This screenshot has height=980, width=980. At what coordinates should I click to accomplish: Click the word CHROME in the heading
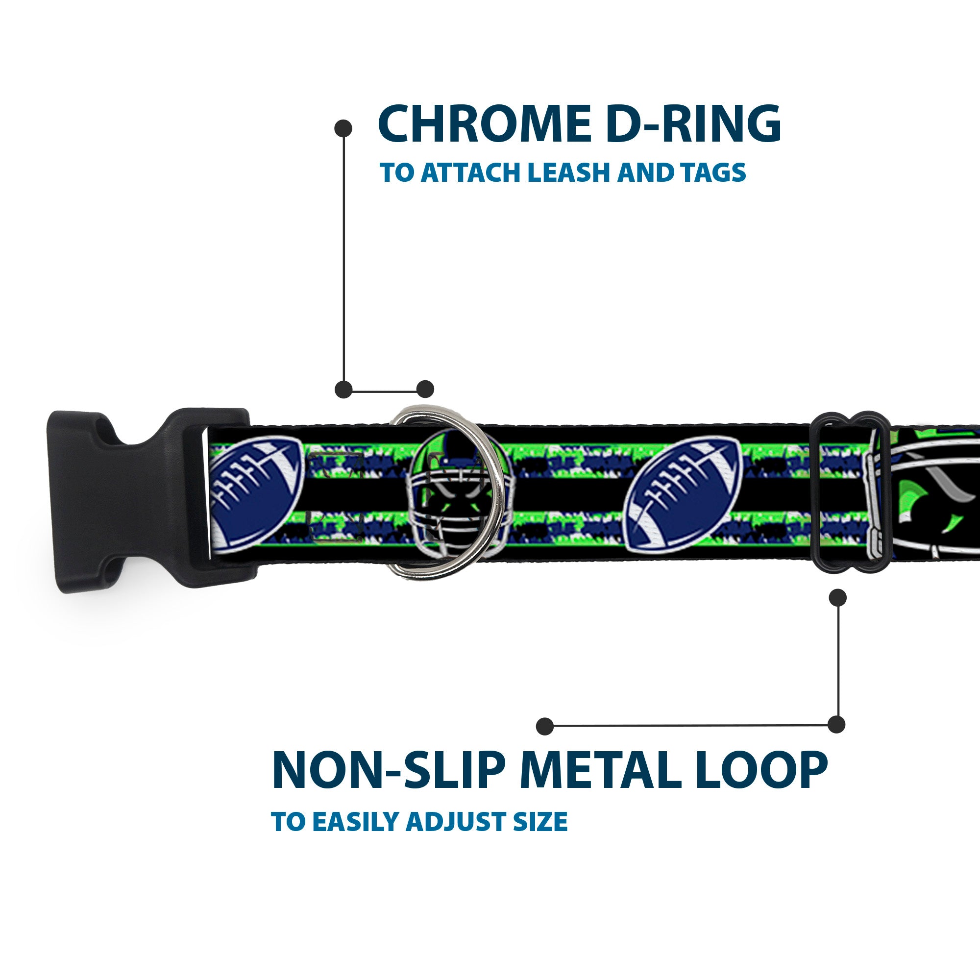484,124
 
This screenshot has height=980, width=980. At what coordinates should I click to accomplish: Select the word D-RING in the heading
693,124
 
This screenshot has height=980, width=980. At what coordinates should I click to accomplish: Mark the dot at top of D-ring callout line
343,128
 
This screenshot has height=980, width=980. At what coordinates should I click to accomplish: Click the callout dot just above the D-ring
425,390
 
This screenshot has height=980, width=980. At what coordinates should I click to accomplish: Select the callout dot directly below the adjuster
837,597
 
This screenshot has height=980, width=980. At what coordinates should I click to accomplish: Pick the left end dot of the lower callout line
545,726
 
